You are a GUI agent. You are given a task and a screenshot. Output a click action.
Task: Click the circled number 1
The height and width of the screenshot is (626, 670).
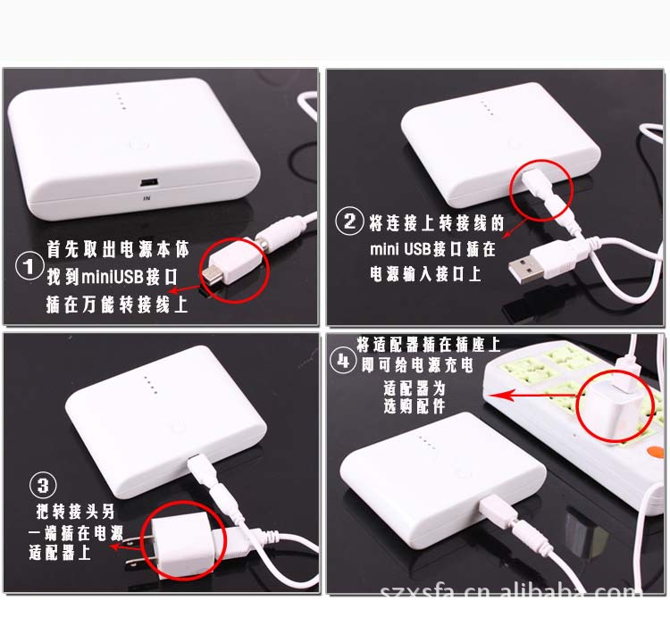[29, 266]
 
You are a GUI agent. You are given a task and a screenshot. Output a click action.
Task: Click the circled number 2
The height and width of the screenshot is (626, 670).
[349, 221]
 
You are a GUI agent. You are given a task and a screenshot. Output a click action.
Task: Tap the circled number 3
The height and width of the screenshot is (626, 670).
[43, 486]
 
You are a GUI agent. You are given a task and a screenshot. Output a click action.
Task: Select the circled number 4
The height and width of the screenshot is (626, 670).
[343, 362]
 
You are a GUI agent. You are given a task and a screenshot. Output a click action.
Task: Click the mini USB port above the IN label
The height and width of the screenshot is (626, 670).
[147, 183]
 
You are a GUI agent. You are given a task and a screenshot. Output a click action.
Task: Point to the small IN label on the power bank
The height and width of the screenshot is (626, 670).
[147, 198]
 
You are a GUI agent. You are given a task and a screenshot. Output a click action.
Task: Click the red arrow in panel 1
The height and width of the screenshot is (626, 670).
[184, 290]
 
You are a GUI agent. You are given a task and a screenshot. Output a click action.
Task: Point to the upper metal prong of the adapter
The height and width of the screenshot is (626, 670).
[135, 539]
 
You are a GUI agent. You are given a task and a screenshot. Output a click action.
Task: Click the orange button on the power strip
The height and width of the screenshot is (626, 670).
[656, 451]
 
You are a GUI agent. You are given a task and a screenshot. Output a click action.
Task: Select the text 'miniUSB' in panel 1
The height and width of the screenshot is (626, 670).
[112, 276]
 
